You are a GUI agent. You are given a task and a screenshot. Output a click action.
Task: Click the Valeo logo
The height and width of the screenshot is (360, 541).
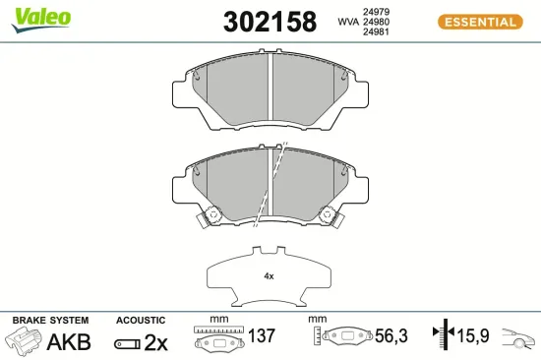[41, 20]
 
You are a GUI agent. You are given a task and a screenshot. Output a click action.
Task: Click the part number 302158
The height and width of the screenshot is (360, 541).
[270, 22]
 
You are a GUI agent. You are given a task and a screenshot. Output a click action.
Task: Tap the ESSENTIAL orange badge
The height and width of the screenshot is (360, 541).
[480, 22]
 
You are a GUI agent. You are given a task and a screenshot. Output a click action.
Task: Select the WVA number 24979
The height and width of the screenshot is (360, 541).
[376, 12]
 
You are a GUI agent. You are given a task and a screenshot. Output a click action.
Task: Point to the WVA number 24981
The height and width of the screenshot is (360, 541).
[376, 31]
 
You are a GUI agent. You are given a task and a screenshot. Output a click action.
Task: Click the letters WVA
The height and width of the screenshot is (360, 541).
[348, 22]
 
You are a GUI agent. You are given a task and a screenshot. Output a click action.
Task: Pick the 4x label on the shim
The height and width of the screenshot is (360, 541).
[269, 276]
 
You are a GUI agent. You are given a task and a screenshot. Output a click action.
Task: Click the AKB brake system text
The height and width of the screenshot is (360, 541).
[69, 341]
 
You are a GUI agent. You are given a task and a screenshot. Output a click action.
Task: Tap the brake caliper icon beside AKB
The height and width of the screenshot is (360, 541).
[23, 340]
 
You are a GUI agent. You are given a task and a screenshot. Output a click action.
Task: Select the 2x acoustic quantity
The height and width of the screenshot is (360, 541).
[155, 342]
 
